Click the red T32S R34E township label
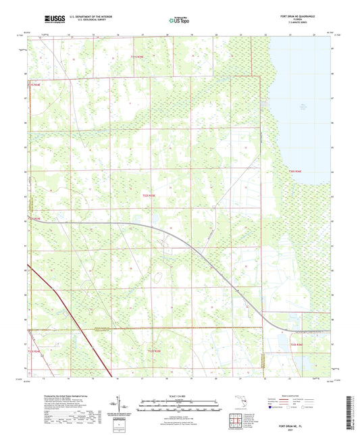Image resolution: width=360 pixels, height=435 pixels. coord(34,219)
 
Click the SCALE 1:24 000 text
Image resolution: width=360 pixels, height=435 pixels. coord(179,396)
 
